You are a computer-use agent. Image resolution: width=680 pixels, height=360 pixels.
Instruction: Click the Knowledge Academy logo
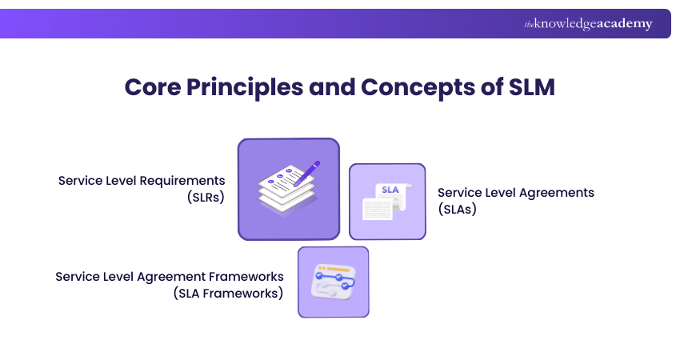tap(588, 24)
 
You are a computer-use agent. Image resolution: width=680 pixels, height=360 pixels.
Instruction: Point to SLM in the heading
tap(532, 87)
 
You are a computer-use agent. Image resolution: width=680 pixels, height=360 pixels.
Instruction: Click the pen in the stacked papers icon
tap(306, 173)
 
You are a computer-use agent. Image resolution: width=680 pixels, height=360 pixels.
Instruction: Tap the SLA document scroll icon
tap(387, 202)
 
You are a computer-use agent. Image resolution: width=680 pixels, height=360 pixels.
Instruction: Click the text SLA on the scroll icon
tap(390, 190)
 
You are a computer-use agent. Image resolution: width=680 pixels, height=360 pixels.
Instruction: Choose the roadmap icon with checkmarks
tap(333, 282)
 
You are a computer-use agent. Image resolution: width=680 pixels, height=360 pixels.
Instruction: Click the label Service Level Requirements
tap(142, 180)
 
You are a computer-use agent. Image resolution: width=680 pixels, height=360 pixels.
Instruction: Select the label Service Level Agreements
tap(516, 193)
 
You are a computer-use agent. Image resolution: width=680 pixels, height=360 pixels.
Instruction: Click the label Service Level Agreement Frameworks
tap(170, 276)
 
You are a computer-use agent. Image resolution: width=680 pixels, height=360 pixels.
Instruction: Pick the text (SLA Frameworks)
tap(228, 293)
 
